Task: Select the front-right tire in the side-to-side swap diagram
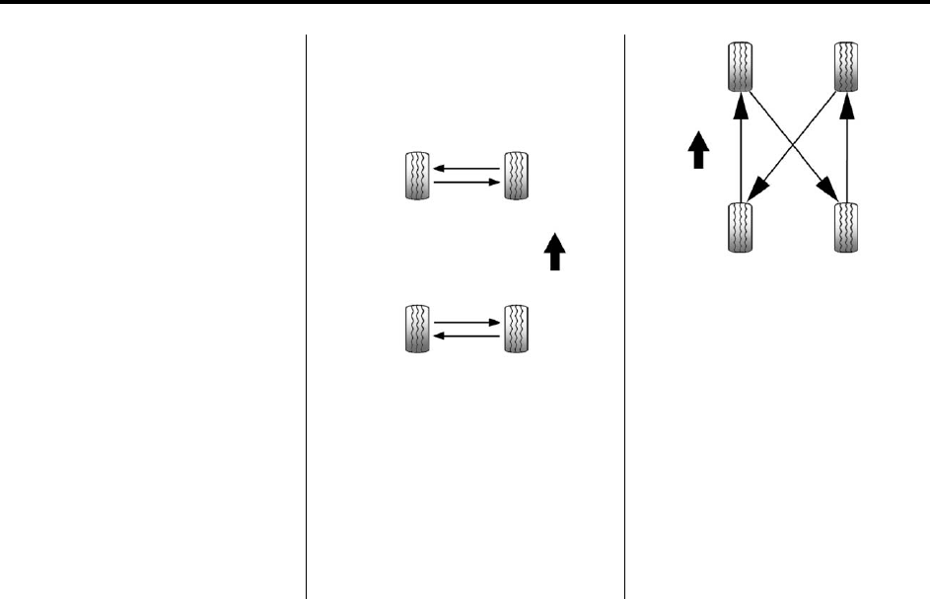515,177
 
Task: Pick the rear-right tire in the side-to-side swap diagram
515,329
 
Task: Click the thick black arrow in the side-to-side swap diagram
554,251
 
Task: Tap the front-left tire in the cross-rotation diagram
740,67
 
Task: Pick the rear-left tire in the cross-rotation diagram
740,226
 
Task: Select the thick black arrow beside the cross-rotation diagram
697,152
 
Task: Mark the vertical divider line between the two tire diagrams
625,316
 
